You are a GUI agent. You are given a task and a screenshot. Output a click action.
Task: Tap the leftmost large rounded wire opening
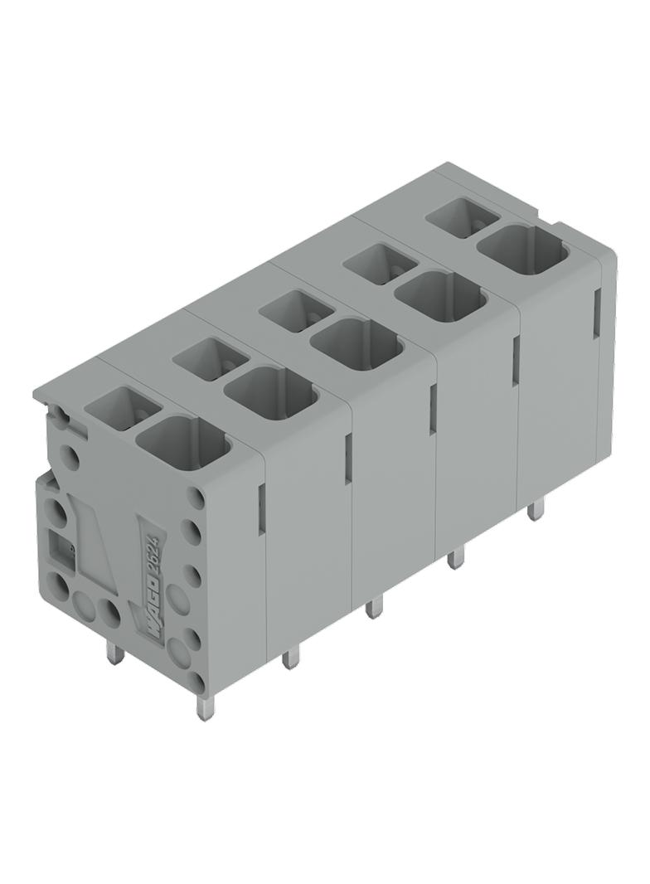[184, 444]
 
